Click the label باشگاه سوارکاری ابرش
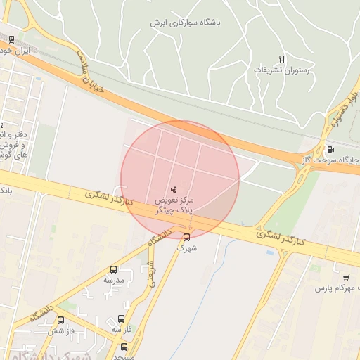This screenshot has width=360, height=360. (185, 22)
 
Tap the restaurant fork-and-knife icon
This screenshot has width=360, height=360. (282, 59)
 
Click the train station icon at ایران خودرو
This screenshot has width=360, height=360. (11, 39)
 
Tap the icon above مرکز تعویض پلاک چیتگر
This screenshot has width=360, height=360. (174, 188)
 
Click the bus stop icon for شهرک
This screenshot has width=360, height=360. (186, 237)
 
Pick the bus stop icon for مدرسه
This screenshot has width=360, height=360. (114, 269)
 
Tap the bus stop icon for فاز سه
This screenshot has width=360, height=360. (122, 319)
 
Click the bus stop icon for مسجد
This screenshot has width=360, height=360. (124, 347)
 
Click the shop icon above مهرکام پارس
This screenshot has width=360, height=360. (345, 277)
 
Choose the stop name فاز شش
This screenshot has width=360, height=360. (61, 330)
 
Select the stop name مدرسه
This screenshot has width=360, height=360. (114, 280)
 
